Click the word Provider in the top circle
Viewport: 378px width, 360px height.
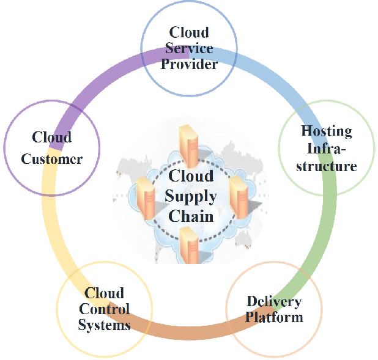[x=189, y=64]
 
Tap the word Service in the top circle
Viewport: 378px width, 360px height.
[x=189, y=48]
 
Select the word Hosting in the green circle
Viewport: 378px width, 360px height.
[x=327, y=131]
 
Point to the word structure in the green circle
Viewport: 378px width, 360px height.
[x=327, y=166]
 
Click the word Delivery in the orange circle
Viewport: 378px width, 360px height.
[x=273, y=301]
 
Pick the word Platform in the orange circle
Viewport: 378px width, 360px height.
[x=273, y=317]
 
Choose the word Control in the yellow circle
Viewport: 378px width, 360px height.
[x=104, y=309]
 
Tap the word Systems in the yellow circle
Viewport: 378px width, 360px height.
[x=104, y=325]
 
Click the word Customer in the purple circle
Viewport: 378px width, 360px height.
[x=52, y=159]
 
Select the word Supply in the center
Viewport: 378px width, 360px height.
[x=191, y=196]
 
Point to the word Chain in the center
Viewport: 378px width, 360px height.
[x=191, y=216]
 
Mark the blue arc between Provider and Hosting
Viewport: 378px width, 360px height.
[x=269, y=73]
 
